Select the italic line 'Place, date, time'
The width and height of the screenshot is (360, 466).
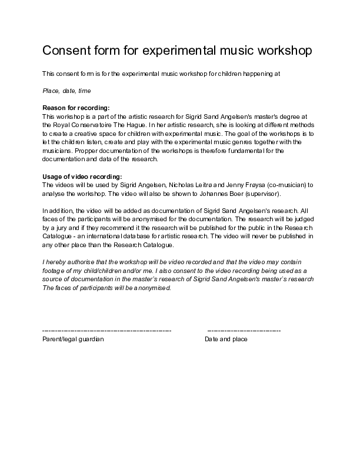(x=66, y=91)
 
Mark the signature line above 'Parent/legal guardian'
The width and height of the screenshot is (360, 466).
(x=107, y=331)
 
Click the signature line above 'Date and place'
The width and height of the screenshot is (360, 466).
(x=244, y=331)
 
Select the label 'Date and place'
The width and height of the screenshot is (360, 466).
(x=226, y=339)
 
